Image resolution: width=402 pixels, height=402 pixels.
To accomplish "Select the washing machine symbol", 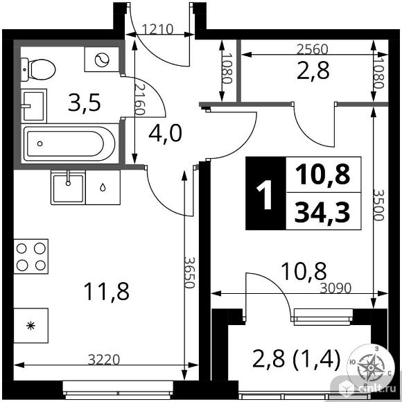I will (x=101, y=60).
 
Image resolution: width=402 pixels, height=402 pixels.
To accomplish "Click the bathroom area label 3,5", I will (x=85, y=103).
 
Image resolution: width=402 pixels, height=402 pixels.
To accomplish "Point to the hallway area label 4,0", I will (x=165, y=132).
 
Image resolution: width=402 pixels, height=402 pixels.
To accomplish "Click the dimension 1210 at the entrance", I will (x=159, y=30).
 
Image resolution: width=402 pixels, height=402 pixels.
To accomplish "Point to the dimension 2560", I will (x=311, y=49).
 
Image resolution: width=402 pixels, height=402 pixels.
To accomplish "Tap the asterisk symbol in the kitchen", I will (x=30, y=325).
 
